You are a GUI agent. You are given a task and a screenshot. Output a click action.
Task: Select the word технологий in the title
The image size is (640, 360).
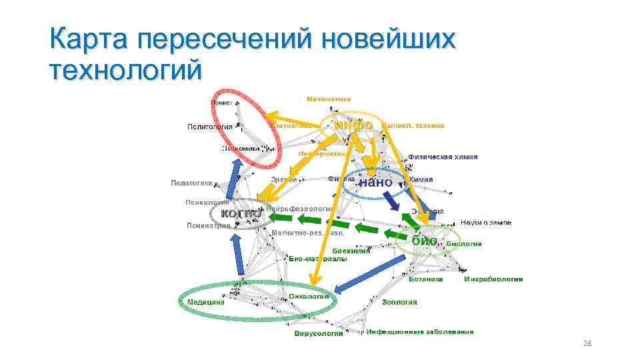(x=125, y=69)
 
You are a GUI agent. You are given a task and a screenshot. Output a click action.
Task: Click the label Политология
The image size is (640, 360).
(x=209, y=126)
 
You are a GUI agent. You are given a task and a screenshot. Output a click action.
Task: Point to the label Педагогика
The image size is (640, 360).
(x=191, y=182)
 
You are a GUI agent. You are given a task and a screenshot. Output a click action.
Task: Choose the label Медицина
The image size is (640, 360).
(x=205, y=301)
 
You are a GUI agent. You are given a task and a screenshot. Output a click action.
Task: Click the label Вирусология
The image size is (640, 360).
(x=319, y=333)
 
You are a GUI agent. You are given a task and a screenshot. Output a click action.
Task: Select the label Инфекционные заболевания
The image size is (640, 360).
(x=420, y=331)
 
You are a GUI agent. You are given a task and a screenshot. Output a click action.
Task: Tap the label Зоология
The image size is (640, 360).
(x=400, y=302)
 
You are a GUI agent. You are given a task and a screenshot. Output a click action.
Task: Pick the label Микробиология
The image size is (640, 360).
(x=493, y=279)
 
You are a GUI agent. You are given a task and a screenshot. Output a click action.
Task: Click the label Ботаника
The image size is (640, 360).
(x=426, y=279)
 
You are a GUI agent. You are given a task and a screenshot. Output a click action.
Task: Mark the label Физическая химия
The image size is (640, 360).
(x=443, y=157)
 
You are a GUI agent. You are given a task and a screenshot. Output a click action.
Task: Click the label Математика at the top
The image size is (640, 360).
(x=329, y=99)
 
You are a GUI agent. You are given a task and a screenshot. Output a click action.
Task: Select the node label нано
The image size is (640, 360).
(x=375, y=181)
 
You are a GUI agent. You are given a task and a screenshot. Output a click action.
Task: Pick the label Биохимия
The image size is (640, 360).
(x=351, y=250)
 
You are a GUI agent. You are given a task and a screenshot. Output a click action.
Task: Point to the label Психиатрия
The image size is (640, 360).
(x=208, y=225)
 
